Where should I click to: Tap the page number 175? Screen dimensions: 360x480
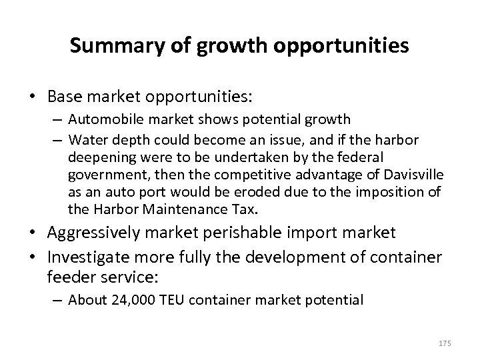(445, 343)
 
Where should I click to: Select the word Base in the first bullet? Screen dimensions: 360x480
(65, 97)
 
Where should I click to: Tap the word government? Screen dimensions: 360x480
(101, 174)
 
